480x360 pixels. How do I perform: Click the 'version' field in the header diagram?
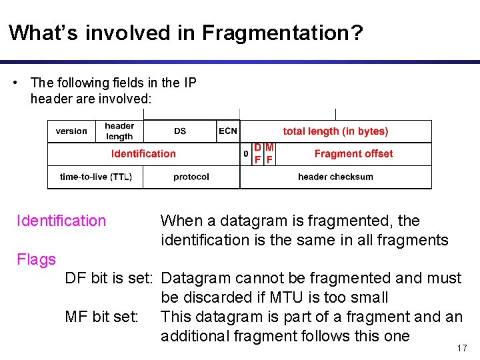tap(71, 131)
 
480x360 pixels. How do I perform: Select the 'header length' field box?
tap(119, 131)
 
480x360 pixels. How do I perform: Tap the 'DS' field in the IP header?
tap(180, 131)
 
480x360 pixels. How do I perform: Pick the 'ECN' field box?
tap(228, 131)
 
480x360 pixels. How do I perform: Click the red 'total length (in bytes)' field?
tap(335, 131)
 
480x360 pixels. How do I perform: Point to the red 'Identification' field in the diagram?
tap(143, 154)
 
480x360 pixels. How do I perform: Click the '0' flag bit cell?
tap(245, 155)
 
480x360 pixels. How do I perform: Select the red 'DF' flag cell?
tap(257, 154)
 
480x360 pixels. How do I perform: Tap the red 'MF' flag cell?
tap(269, 154)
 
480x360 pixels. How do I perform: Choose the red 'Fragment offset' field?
tap(353, 154)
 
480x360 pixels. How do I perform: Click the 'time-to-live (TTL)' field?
tap(96, 177)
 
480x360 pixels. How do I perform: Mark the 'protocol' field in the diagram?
tap(191, 177)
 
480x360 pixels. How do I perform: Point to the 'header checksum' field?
tap(335, 177)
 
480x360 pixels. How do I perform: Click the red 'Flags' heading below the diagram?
tap(37, 259)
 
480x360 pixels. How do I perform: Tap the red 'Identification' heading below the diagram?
tap(61, 221)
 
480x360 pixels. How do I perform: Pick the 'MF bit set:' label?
tap(102, 317)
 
